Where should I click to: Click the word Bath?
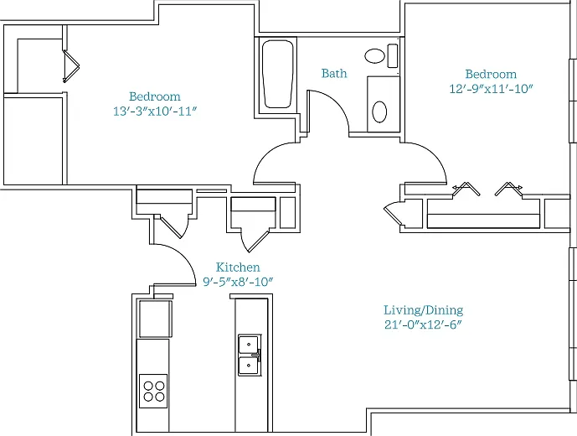334,73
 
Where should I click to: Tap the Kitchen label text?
238,267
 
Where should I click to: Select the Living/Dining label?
423,310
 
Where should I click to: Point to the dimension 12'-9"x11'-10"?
491,89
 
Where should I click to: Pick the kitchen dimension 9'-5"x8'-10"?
238,282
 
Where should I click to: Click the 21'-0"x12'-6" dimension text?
423,325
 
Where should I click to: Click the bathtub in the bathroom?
277,74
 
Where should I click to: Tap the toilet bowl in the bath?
375,56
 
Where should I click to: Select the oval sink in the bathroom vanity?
379,112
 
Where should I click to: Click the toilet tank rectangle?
393,55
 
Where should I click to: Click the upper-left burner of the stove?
148,386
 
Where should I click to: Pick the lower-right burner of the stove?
160,397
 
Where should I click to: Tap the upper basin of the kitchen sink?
249,345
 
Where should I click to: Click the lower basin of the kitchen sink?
249,366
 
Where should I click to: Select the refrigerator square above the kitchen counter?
155,319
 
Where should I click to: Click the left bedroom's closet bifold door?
70,65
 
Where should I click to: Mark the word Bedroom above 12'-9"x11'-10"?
491,74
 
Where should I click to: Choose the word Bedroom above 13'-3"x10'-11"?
155,96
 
